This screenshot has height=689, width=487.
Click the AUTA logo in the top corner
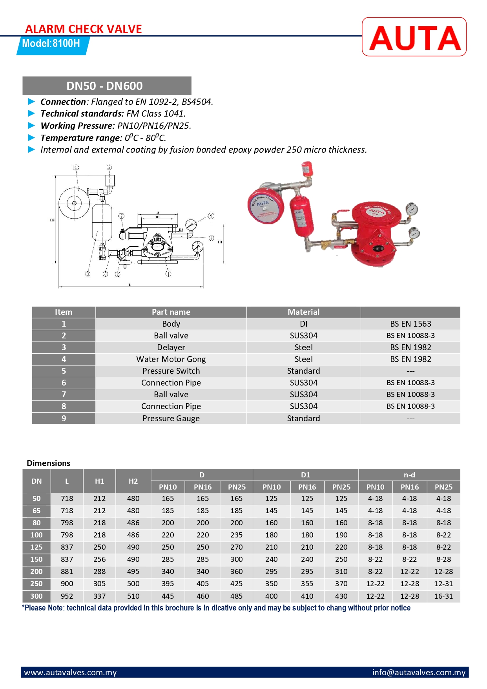tap(414, 37)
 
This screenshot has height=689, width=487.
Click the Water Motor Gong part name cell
tap(171, 359)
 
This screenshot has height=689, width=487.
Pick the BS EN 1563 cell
tap(410, 324)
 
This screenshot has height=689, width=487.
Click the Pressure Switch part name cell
tap(171, 371)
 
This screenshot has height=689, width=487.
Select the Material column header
tap(303, 312)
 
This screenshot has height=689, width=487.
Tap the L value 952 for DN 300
tap(67, 596)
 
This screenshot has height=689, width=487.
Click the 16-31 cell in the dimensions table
tap(443, 596)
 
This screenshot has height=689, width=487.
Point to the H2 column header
tap(133, 481)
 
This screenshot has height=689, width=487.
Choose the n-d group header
tap(409, 475)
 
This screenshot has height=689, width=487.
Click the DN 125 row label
tap(36, 547)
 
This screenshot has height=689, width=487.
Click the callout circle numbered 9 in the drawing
tap(211, 216)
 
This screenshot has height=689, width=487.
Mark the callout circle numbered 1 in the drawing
tap(168, 274)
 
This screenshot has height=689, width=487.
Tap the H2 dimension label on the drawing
tap(52, 220)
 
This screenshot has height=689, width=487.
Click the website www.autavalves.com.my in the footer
tap(71, 673)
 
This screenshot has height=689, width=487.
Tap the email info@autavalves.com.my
tap(419, 673)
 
